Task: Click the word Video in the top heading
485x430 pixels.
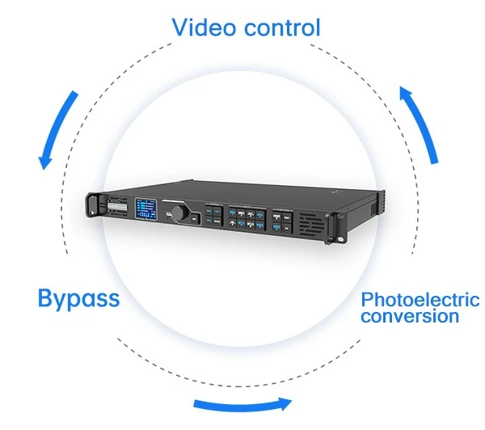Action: coord(203,27)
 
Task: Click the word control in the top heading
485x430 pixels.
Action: coord(282,27)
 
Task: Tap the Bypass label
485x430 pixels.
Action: coord(79,299)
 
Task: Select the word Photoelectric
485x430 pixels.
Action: coord(420,299)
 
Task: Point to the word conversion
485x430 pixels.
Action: coord(410,316)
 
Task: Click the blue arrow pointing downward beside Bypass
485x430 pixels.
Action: coord(58,130)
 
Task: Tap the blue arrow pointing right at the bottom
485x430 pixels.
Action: coord(242,404)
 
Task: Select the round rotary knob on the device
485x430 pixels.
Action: coord(179,213)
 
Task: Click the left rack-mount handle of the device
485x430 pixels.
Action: coord(92,204)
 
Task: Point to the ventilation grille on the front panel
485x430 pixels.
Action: coord(311,225)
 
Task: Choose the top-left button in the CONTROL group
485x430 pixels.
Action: coord(209,211)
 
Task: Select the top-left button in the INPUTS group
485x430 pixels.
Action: coord(232,213)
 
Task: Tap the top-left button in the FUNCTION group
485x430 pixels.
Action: coord(276,217)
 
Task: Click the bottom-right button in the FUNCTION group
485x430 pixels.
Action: coord(287,229)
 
